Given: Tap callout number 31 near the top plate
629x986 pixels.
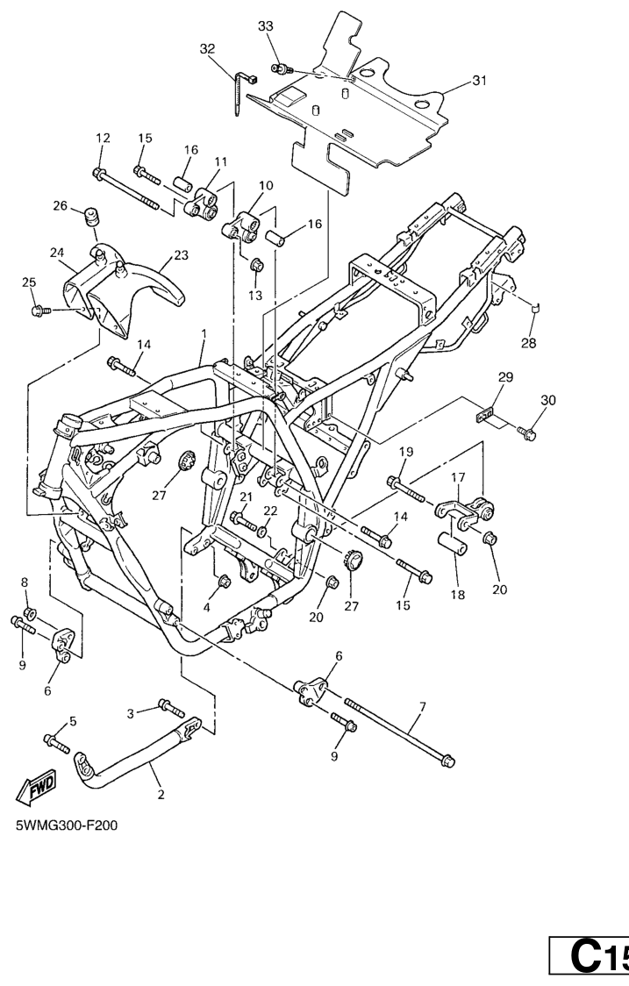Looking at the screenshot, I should click(478, 81).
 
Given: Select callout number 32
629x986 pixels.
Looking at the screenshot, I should click(207, 49).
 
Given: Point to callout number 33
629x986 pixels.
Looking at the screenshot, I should click(266, 27).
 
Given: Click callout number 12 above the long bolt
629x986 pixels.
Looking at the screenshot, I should click(103, 139).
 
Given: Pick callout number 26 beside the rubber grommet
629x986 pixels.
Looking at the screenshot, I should click(60, 206).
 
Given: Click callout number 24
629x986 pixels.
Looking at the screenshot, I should click(57, 253).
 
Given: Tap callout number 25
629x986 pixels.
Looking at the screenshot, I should click(30, 282).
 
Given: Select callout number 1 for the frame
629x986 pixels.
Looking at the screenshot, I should click(204, 334).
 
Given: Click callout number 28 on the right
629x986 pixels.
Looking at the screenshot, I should click(528, 342).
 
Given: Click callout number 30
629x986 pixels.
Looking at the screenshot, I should click(547, 400).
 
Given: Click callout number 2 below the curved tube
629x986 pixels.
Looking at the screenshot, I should click(161, 796).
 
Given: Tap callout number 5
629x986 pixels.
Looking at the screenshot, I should click(73, 721).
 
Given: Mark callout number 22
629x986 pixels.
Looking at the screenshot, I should click(271, 511).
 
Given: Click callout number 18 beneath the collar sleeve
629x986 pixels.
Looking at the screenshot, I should click(456, 594).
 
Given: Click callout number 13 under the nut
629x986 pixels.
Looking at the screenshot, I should click(255, 296).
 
